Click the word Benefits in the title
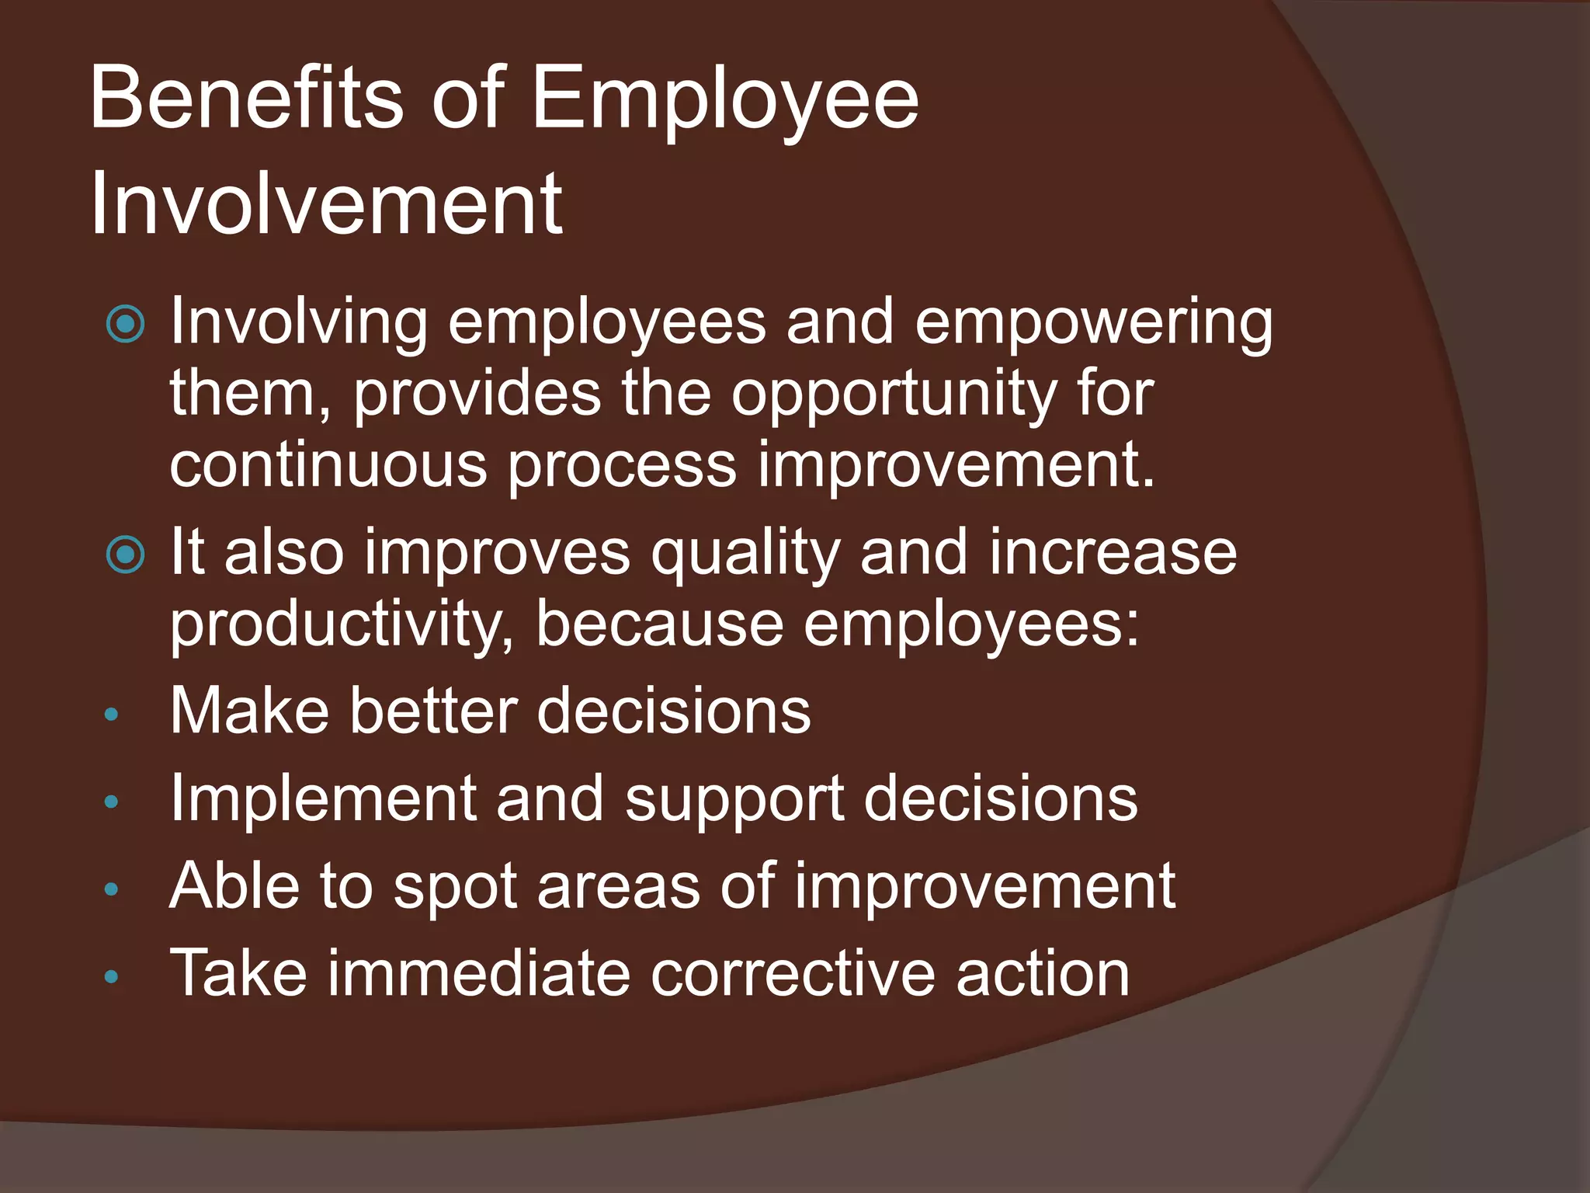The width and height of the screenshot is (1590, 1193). point(247,99)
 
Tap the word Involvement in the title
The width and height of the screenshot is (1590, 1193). point(326,204)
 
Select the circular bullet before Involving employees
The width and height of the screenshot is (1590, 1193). point(125,324)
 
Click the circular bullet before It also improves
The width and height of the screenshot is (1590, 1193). point(125,555)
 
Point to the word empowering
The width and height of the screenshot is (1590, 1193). point(1094,324)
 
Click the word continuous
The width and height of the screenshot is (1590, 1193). point(328,465)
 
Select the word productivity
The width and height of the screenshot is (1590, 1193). point(342,625)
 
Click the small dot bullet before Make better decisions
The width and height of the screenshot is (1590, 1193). point(112,715)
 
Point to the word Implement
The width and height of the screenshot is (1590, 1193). point(323,799)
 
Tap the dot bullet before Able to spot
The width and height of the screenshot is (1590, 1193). point(112,889)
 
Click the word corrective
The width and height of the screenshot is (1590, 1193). point(793,974)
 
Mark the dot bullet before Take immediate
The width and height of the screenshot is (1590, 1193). point(112,977)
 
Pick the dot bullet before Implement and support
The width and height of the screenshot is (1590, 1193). point(112,802)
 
